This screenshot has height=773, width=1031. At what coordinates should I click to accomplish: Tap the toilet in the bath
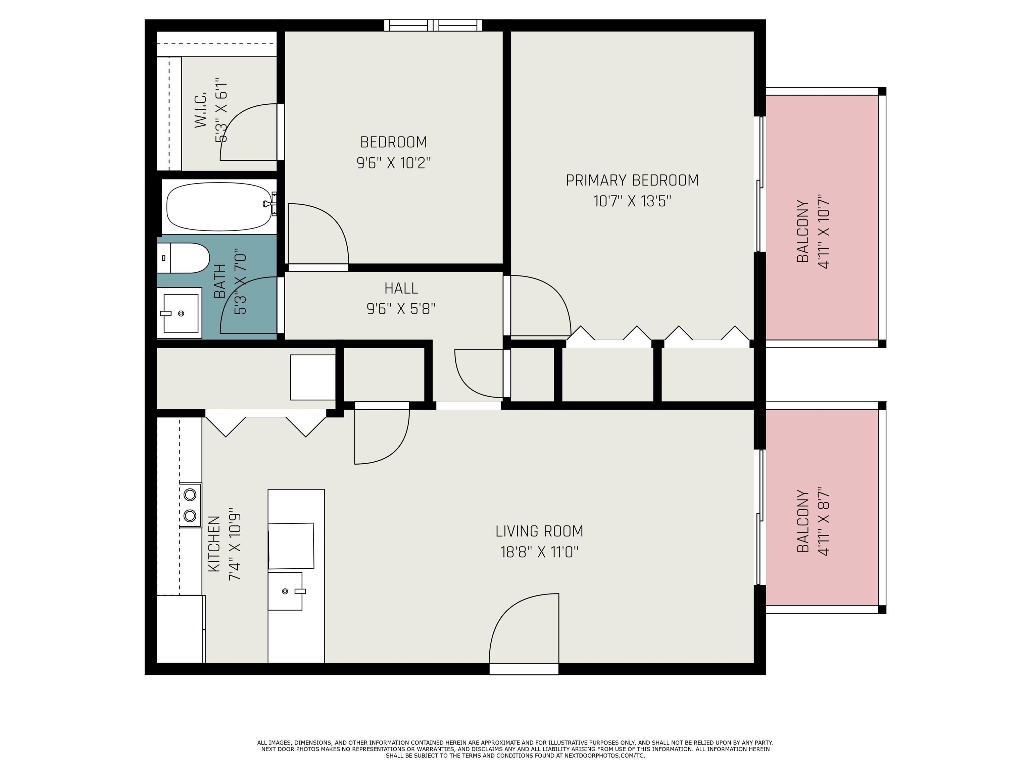click(183, 258)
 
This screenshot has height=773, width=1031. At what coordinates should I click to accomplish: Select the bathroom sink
click(180, 313)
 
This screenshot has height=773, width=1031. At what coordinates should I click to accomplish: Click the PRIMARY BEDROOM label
click(632, 180)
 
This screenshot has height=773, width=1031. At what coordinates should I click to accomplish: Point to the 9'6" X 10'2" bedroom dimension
click(393, 163)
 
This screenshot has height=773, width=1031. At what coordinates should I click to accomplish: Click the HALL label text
click(401, 289)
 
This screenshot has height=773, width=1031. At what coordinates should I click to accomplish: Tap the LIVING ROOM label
click(539, 531)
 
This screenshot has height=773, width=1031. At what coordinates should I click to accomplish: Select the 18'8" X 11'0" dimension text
click(539, 552)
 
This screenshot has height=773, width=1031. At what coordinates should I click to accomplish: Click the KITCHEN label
click(214, 544)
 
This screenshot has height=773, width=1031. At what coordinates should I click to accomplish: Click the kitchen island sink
click(286, 591)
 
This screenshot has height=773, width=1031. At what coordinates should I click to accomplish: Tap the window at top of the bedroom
click(433, 25)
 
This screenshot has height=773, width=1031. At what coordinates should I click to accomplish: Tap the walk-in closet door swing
click(249, 132)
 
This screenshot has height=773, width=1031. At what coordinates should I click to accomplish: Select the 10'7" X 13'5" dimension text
click(632, 201)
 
